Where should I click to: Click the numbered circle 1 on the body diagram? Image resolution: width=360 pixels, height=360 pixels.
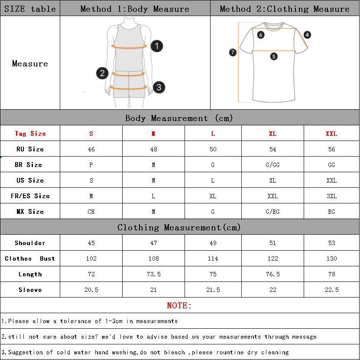(x=157, y=46)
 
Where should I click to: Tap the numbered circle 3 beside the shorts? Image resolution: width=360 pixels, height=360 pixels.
(x=159, y=87)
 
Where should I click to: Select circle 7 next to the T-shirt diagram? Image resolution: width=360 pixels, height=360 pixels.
(x=233, y=52)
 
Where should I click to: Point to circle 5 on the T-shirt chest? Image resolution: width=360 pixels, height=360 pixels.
(x=274, y=56)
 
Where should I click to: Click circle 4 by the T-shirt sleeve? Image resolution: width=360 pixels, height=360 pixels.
(x=307, y=35)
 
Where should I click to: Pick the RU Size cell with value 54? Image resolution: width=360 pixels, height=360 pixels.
(x=272, y=149)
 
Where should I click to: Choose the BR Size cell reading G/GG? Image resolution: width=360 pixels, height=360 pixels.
(x=272, y=165)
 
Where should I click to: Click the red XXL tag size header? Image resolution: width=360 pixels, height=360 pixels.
(x=331, y=134)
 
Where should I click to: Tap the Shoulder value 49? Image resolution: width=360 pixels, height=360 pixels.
(x=213, y=243)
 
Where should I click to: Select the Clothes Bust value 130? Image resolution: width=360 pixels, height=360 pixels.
(x=331, y=259)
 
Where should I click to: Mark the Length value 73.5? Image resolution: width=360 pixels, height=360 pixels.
(x=153, y=274)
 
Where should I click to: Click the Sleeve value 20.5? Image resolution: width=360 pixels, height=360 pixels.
(x=91, y=290)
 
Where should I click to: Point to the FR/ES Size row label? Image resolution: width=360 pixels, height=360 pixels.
(x=30, y=196)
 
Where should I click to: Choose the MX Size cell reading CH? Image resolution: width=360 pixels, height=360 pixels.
(x=91, y=212)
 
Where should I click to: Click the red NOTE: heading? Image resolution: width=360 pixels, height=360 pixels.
(x=179, y=305)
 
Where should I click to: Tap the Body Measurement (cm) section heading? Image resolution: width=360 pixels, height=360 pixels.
(x=179, y=118)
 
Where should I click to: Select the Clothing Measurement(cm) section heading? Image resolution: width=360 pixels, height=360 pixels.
(x=179, y=227)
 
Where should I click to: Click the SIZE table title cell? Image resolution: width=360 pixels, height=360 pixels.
(x=30, y=9)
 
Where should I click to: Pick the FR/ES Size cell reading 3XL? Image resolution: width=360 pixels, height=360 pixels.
(x=331, y=196)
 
